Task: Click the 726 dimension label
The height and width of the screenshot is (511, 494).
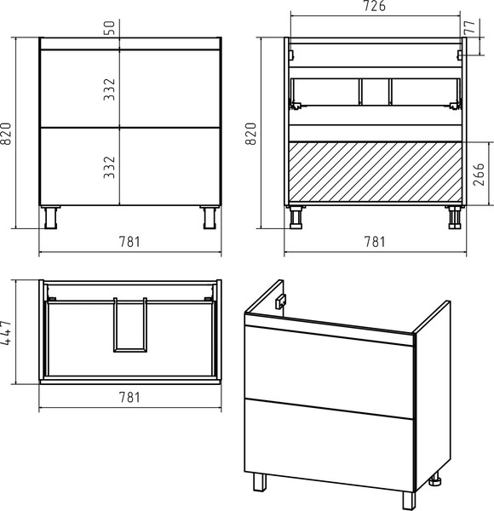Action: coord(375,6)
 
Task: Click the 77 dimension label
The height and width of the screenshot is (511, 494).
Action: coord(470,27)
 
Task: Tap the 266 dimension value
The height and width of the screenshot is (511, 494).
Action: coord(479,174)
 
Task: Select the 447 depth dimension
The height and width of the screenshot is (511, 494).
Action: coord(6,332)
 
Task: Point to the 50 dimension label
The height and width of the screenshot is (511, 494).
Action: coord(110,28)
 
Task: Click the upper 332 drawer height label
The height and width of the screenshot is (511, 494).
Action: coord(110,89)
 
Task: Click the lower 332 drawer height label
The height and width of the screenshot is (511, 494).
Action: coord(110,167)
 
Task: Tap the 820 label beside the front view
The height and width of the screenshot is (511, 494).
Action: coord(6,134)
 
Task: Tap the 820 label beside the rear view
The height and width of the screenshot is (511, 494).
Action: coord(251,134)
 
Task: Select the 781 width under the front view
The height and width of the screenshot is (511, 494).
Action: coord(129,242)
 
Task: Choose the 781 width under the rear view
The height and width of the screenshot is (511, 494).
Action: coord(375,242)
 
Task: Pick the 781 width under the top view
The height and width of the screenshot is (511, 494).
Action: coord(129,397)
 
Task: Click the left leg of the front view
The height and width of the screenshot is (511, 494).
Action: coord(50,217)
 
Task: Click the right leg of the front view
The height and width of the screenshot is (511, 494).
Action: coord(210,217)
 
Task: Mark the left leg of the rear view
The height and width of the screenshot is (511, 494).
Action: coord(296,217)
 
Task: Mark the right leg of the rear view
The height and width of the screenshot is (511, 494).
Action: coord(454,217)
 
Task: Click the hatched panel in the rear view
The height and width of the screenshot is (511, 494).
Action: coord(376,173)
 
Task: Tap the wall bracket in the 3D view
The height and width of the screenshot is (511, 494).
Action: coord(281,301)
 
